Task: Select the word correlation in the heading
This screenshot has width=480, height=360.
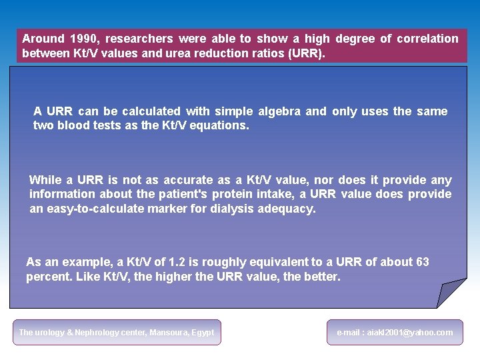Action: click(x=427, y=39)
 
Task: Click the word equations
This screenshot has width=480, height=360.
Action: click(x=220, y=125)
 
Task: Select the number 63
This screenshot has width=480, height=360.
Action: click(x=422, y=262)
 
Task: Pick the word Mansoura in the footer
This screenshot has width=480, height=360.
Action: click(x=170, y=332)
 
